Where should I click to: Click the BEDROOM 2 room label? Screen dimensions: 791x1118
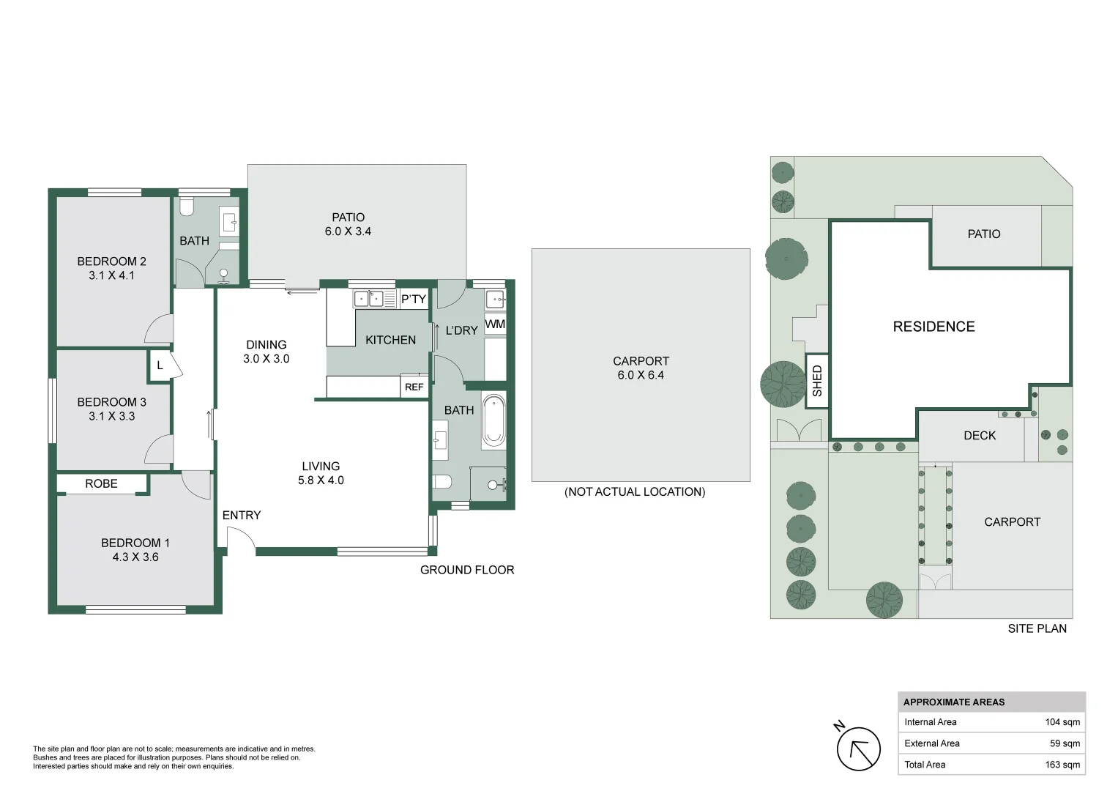click(x=111, y=261)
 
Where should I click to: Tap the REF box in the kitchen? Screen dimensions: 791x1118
click(x=414, y=387)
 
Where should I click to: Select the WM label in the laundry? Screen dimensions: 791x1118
click(x=495, y=324)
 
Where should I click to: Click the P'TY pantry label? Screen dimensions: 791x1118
click(x=413, y=299)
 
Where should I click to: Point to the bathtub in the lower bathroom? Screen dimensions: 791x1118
click(x=493, y=422)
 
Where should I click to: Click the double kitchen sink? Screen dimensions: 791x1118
click(x=368, y=299)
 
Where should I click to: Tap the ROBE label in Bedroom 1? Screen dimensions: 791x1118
click(x=101, y=483)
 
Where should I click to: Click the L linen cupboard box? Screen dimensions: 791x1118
click(x=160, y=365)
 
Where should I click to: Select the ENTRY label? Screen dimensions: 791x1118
click(x=241, y=515)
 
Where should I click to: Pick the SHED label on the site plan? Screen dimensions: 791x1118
click(x=817, y=381)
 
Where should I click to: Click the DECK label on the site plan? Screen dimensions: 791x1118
click(x=979, y=436)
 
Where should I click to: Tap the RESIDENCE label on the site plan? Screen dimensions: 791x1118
click(x=933, y=327)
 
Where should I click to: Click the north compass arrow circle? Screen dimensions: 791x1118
click(x=858, y=749)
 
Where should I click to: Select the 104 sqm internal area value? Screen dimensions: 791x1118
click(x=1062, y=722)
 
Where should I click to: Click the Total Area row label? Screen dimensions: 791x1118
click(x=925, y=765)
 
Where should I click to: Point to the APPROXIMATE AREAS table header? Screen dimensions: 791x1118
click(x=953, y=702)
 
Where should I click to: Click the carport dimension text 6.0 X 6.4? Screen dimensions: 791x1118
click(x=640, y=375)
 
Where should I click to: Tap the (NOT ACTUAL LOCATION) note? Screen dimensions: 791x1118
click(x=634, y=492)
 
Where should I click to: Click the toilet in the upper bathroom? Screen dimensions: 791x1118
click(x=186, y=206)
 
